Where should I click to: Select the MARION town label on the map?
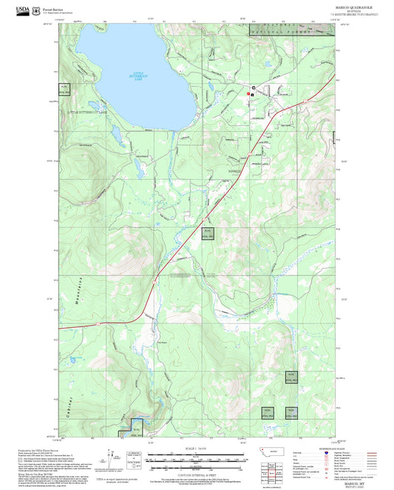[x=234, y=171]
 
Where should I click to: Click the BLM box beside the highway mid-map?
[x=208, y=232]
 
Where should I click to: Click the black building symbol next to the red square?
[x=253, y=89]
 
